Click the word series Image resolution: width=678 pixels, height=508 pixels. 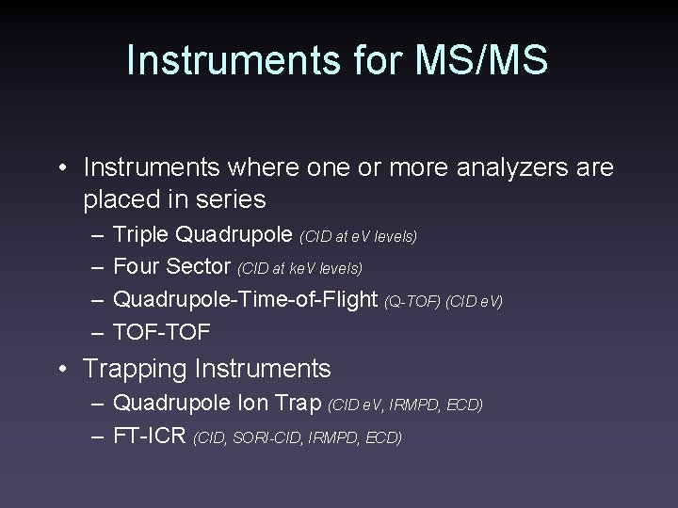234,199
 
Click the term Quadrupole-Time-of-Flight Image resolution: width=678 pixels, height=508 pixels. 247,301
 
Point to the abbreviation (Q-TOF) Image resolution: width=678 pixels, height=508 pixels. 414,303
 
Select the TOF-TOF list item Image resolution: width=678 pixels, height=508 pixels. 161,334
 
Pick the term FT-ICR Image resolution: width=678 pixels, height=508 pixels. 150,437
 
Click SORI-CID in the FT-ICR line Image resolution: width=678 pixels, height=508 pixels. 265,438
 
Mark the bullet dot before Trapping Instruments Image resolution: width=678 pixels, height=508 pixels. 64,367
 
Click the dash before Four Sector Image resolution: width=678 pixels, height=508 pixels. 99,268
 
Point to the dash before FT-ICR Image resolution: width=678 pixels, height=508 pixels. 99,437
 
